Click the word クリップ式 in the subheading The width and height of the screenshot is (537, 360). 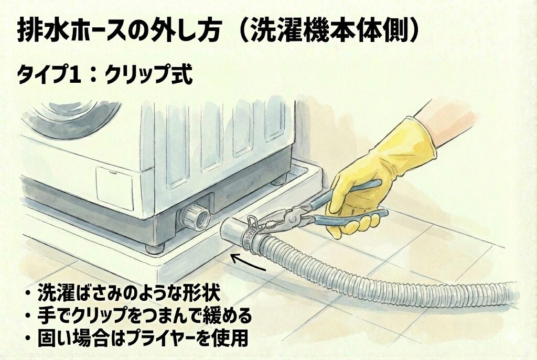click(x=148, y=74)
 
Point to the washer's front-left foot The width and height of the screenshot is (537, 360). click(x=155, y=247)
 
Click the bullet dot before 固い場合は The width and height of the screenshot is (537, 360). click(x=27, y=339)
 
